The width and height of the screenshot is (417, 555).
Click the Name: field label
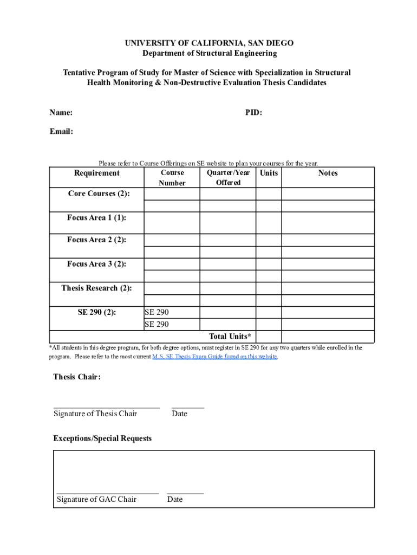(x=61, y=113)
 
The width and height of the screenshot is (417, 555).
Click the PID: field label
(x=253, y=113)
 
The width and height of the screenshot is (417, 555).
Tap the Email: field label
(x=61, y=132)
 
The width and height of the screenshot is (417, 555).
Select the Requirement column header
(x=97, y=173)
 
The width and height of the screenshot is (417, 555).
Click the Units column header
(x=269, y=173)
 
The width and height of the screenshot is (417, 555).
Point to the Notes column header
(x=328, y=173)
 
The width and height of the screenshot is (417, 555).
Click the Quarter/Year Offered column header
(x=228, y=177)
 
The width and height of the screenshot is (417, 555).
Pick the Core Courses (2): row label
(x=99, y=193)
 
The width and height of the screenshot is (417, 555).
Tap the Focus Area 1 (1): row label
(x=97, y=217)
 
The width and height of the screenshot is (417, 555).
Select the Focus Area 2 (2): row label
(x=97, y=240)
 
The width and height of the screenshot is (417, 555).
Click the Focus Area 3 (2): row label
(x=97, y=264)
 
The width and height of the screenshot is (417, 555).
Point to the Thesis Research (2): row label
(x=97, y=288)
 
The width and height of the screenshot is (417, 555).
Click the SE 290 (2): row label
(x=97, y=312)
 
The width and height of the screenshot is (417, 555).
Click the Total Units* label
(x=230, y=337)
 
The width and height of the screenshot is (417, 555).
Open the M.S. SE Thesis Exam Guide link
(x=215, y=357)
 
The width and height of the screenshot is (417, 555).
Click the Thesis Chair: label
(x=77, y=377)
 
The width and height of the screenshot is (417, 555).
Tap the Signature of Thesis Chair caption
(x=95, y=414)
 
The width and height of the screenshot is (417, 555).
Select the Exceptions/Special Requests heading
(x=102, y=438)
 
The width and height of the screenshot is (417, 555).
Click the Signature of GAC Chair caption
(x=96, y=500)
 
